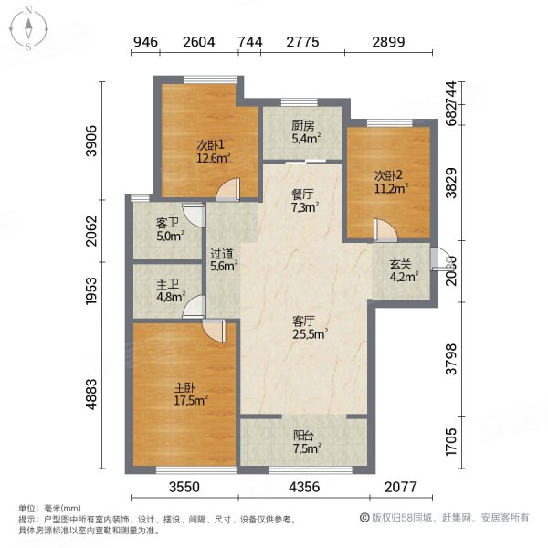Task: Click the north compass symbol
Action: (30, 28)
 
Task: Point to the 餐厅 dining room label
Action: (303, 194)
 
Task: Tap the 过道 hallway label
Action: (223, 255)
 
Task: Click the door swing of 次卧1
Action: (228, 189)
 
